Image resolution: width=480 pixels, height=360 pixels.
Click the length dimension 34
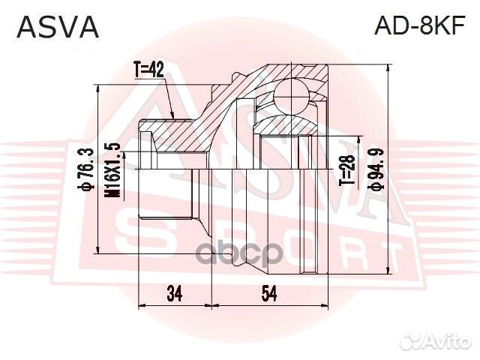175,294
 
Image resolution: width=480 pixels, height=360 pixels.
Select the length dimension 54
269,294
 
